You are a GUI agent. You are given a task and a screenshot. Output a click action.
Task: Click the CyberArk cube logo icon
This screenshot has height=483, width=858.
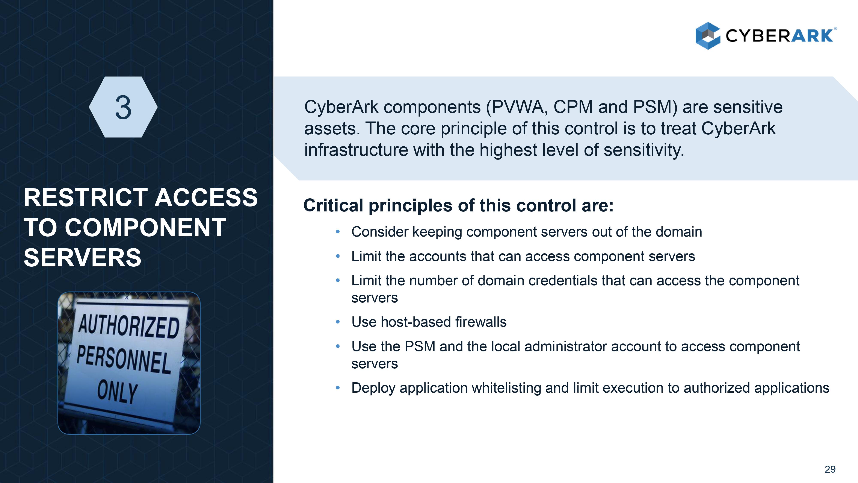point(708,36)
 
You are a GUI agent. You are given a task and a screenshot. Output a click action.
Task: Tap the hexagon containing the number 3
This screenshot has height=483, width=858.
point(123,107)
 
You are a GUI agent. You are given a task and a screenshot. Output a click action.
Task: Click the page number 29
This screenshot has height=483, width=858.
point(830,469)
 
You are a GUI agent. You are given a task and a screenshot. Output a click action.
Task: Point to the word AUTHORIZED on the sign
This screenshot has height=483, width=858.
point(129,327)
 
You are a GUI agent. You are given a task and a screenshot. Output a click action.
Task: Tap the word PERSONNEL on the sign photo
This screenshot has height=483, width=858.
point(124,359)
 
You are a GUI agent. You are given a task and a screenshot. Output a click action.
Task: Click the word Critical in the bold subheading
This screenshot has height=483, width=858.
point(333,205)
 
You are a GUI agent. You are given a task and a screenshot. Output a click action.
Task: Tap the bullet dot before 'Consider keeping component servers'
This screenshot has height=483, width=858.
point(338,232)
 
